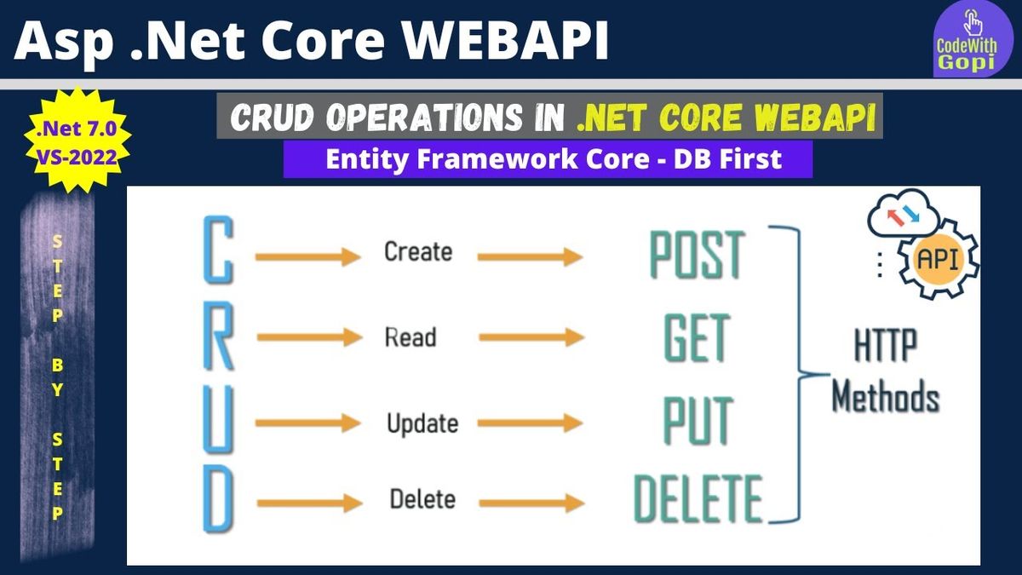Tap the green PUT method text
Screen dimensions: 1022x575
[x=698, y=421]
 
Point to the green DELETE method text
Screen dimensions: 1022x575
[x=698, y=498]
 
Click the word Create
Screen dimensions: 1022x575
[x=418, y=251]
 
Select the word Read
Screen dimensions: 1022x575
[x=411, y=337]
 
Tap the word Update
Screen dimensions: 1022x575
[x=422, y=423]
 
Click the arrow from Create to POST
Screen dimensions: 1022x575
[x=530, y=257]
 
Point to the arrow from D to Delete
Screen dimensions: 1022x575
[x=310, y=503]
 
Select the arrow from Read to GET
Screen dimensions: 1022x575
[x=531, y=337]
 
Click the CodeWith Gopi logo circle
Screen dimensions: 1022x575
[x=973, y=39]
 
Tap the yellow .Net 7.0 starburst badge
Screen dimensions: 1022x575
[x=77, y=140]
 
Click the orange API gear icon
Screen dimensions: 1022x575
[x=939, y=259]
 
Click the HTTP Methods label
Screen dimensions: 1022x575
[x=886, y=371]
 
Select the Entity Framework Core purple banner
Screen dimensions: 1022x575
[x=548, y=159]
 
